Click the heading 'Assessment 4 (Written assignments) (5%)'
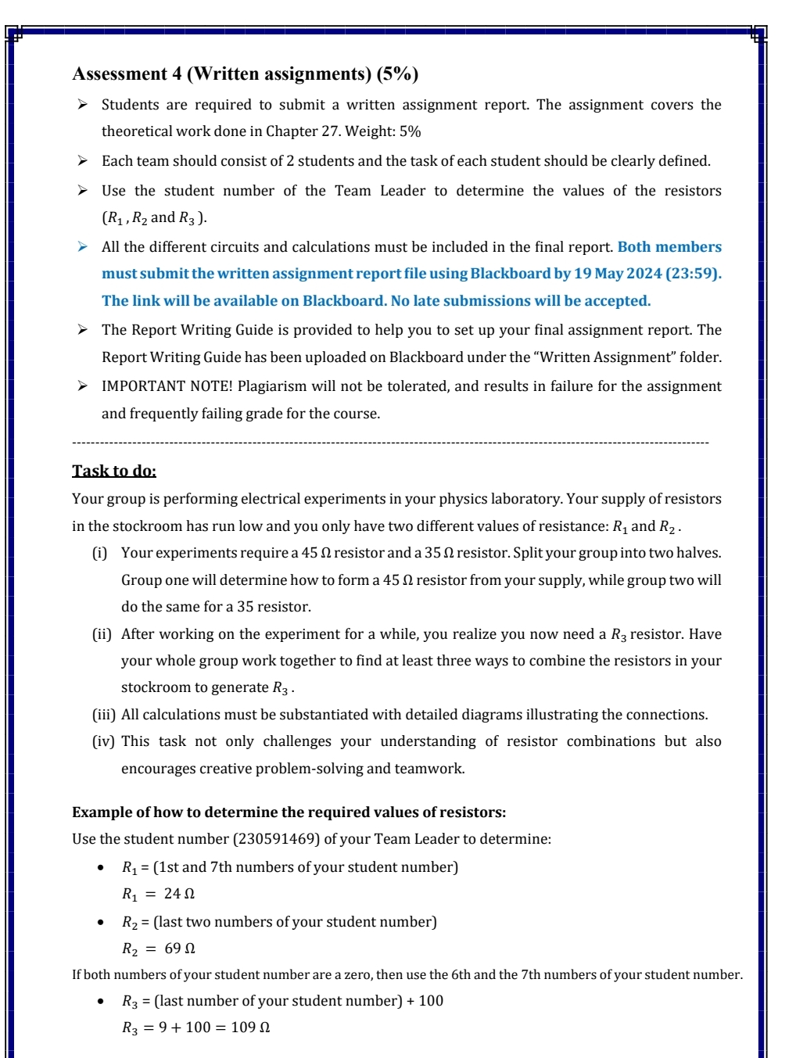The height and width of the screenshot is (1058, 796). coord(245,74)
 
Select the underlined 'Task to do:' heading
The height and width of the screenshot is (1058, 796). coord(114,471)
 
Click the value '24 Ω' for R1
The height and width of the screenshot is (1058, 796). coord(179,894)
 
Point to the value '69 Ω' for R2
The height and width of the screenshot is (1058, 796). coord(180,949)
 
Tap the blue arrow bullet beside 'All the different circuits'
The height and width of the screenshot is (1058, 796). coord(82,247)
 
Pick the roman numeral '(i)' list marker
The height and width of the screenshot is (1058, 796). coord(100,553)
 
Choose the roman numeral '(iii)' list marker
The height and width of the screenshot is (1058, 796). coord(104,715)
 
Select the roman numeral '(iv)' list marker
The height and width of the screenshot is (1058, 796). coord(103,741)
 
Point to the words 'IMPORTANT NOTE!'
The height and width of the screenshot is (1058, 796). coord(167,386)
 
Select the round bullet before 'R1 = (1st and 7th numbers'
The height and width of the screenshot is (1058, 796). coord(100,867)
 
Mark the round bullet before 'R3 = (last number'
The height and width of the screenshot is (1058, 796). coord(100,1001)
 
